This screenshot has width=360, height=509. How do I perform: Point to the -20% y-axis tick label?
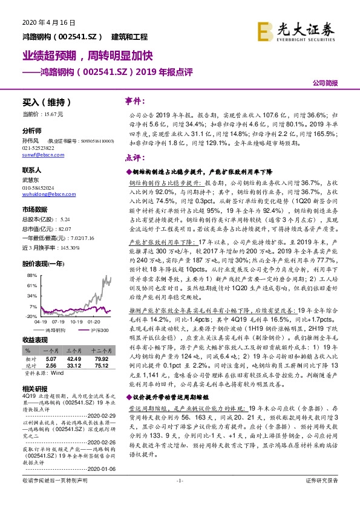click(x=31, y=316)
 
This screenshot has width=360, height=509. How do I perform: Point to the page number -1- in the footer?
click(x=180, y=498)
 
